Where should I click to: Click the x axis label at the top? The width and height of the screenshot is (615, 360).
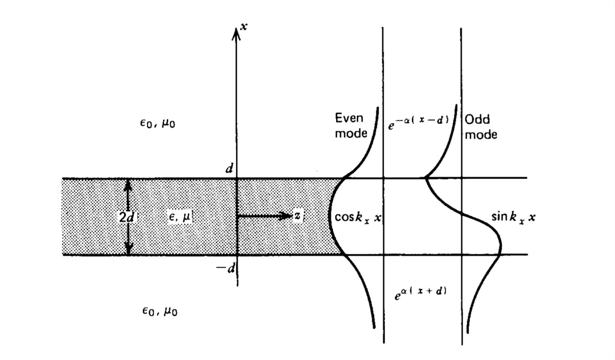click(243, 27)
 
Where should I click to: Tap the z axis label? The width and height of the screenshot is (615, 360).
click(298, 216)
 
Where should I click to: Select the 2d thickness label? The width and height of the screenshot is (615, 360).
click(127, 217)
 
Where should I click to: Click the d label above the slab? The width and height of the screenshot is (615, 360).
click(229, 168)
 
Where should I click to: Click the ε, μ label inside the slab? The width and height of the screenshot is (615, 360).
click(179, 217)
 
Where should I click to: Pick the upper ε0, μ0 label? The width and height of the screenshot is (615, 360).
click(157, 123)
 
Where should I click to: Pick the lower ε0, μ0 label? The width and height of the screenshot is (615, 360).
click(160, 311)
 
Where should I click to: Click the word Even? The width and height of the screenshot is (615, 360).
click(349, 118)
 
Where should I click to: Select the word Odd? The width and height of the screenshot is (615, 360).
click(477, 119)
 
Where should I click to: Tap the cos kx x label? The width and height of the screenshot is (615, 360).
click(358, 218)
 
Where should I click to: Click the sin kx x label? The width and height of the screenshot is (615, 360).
click(513, 217)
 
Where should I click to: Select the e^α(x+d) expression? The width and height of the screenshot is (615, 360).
click(420, 293)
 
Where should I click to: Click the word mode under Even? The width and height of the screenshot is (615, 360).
click(351, 133)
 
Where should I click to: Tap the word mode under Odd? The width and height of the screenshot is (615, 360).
click(481, 134)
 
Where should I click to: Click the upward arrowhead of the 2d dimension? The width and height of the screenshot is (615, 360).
click(128, 183)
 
